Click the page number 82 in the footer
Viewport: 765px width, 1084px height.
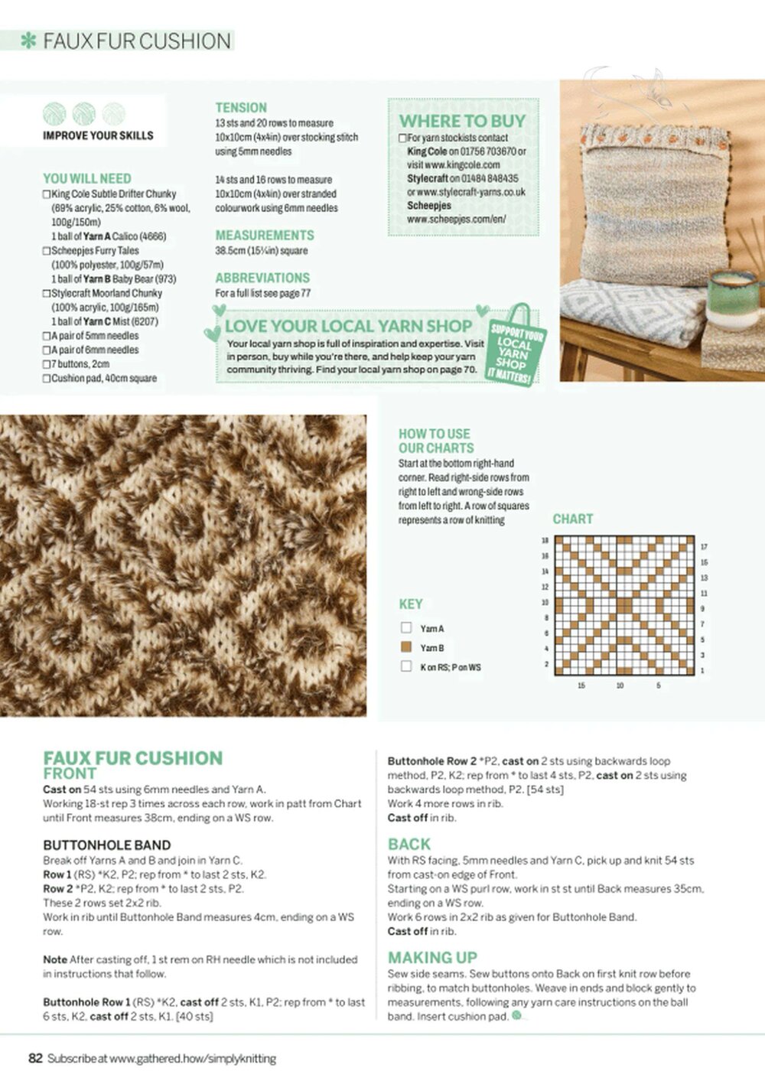click(35, 1059)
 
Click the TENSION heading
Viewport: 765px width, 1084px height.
click(241, 108)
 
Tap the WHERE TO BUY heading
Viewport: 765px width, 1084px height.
click(462, 121)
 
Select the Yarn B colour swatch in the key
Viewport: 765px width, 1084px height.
click(406, 647)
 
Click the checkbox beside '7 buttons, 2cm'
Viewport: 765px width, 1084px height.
click(47, 364)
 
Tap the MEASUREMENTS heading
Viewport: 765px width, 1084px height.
click(265, 235)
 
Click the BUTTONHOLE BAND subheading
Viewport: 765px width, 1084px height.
click(106, 845)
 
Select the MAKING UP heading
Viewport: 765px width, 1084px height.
click(432, 958)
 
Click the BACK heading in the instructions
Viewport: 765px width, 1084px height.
click(409, 844)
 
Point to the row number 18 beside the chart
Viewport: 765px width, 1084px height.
click(545, 541)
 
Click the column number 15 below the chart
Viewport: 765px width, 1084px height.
click(581, 685)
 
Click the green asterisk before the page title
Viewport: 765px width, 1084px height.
click(29, 41)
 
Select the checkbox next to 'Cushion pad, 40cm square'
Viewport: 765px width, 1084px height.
click(47, 379)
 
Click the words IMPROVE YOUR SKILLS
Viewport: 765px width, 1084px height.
click(98, 135)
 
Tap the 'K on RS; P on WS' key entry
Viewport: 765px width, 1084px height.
click(451, 667)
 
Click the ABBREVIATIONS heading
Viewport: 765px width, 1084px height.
click(262, 278)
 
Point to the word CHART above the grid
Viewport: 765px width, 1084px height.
click(572, 519)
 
